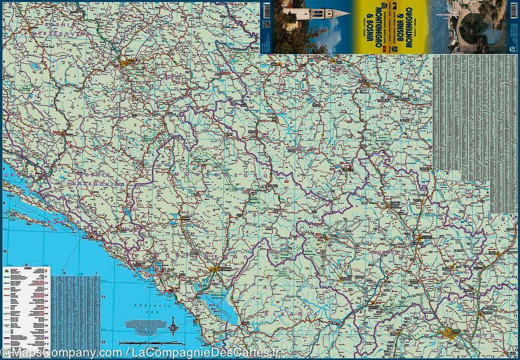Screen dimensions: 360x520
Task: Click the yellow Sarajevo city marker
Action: [127, 62]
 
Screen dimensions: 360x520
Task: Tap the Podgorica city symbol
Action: [217, 269]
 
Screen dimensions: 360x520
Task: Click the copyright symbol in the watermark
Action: [5, 352]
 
